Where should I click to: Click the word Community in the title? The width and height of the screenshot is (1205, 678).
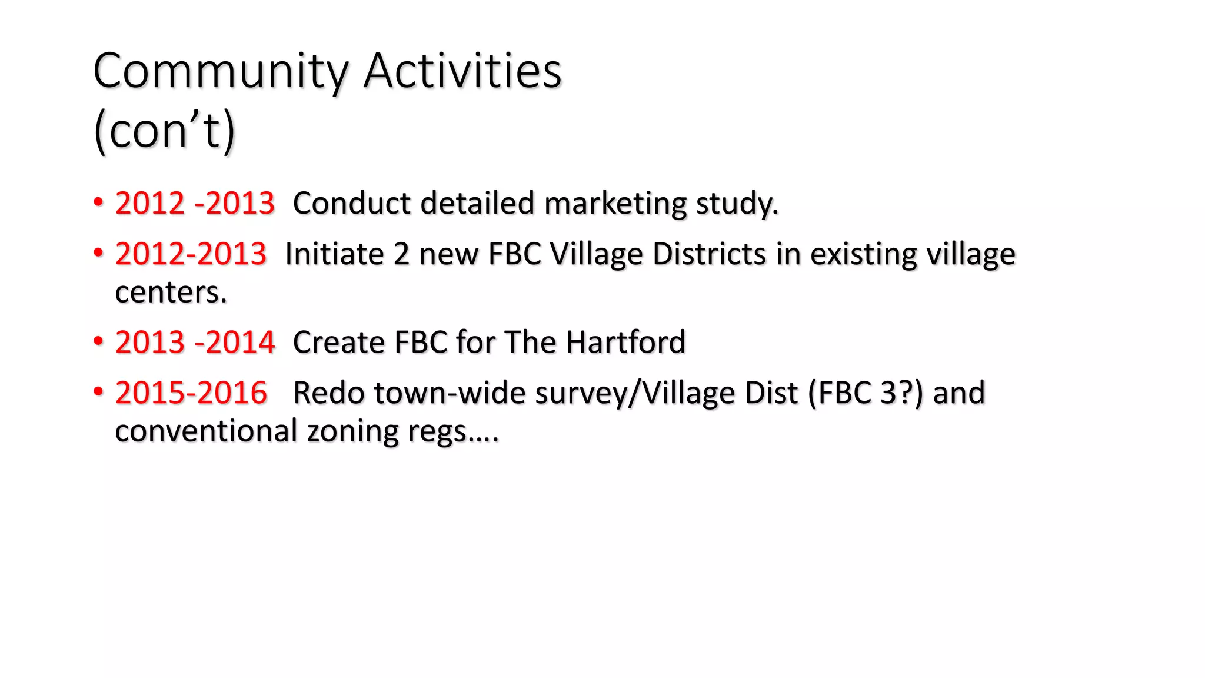point(221,71)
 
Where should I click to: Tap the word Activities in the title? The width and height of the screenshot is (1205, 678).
point(462,71)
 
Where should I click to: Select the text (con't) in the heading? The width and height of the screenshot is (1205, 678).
point(164,130)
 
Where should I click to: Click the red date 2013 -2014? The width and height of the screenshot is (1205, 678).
point(195,342)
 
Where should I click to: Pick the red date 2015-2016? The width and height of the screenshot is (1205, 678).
point(191,393)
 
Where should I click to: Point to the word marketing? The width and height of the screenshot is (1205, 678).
point(615,204)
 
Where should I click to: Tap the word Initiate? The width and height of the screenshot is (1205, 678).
point(334,254)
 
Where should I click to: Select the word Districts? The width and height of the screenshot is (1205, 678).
point(709,254)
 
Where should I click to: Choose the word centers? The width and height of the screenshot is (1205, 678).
point(171,292)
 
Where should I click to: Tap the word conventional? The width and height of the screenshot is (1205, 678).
point(207,431)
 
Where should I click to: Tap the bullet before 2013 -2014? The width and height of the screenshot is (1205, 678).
point(98,341)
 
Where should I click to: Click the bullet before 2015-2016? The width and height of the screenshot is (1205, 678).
point(98,392)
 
